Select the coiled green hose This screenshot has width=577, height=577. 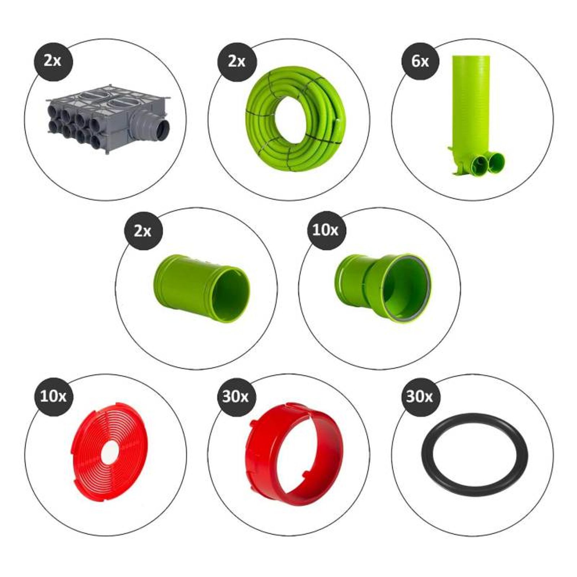[x=296, y=119]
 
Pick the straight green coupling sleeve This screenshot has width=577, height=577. [x=202, y=288]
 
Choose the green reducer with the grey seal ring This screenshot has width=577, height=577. [x=382, y=288]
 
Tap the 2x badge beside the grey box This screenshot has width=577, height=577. [x=53, y=62]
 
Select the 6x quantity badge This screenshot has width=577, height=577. [x=420, y=62]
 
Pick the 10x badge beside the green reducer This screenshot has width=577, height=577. [x=326, y=230]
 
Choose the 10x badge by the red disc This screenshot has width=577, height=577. [x=53, y=397]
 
